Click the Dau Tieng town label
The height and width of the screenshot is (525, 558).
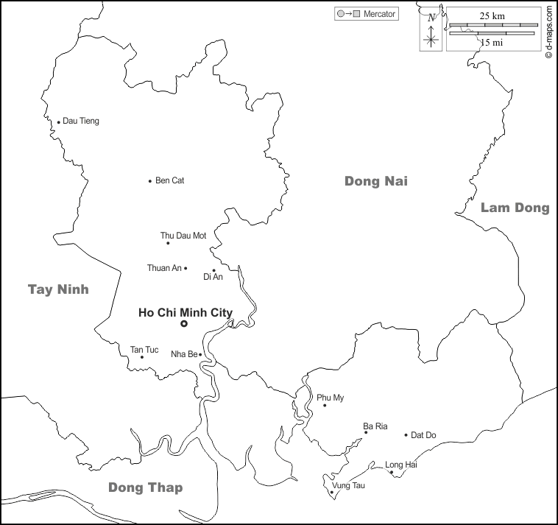pyautogui.click(x=81, y=121)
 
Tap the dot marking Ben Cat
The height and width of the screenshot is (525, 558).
pyautogui.click(x=150, y=181)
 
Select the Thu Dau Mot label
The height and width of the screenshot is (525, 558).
pyautogui.click(x=183, y=236)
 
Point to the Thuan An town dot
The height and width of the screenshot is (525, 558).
pyautogui.click(x=186, y=268)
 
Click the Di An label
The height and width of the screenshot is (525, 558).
pyautogui.click(x=213, y=277)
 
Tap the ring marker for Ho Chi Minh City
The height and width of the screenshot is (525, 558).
pyautogui.click(x=184, y=323)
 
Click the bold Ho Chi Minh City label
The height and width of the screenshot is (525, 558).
pyautogui.click(x=186, y=312)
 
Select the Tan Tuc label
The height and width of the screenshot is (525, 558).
pyautogui.click(x=144, y=349)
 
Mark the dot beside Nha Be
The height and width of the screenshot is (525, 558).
pyautogui.click(x=200, y=354)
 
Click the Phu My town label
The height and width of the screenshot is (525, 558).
pyautogui.click(x=331, y=398)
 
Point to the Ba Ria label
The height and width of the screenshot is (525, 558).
pyautogui.click(x=375, y=426)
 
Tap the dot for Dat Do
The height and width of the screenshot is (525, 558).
pyautogui.click(x=406, y=435)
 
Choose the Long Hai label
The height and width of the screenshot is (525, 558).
pyautogui.click(x=401, y=465)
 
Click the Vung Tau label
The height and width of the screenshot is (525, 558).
pyautogui.click(x=348, y=486)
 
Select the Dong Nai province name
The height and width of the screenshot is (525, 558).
pyautogui.click(x=375, y=181)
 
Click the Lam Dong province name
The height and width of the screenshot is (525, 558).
pyautogui.click(x=515, y=208)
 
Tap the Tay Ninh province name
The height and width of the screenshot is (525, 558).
pyautogui.click(x=58, y=289)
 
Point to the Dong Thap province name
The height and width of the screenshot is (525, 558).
pyautogui.click(x=145, y=487)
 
